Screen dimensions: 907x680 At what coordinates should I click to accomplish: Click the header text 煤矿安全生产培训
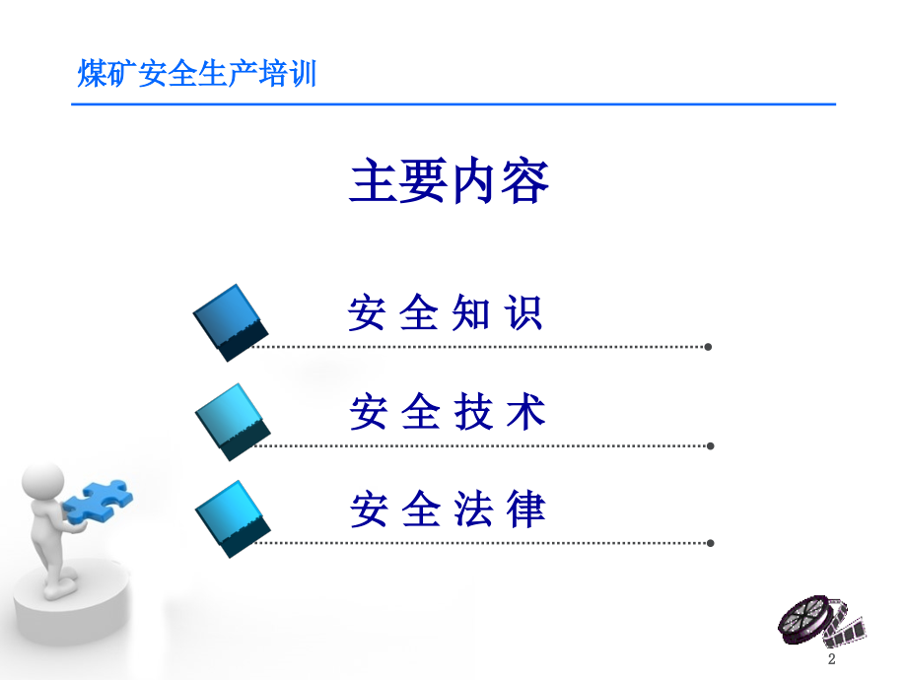(197, 74)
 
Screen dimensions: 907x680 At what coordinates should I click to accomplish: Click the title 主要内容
(449, 180)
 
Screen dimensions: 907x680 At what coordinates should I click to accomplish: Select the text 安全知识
(445, 312)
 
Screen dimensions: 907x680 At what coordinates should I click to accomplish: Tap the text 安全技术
(448, 412)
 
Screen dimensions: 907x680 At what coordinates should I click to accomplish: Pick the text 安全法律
(448, 509)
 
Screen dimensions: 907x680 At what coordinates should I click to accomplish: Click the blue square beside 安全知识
(231, 322)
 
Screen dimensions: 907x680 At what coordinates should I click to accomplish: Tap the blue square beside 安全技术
(233, 422)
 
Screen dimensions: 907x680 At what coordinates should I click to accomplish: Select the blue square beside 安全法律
(233, 518)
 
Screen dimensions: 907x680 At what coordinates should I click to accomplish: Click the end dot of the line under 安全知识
(708, 347)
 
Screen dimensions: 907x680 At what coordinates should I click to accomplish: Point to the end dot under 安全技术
(711, 445)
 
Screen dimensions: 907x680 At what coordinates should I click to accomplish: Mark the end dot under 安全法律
(711, 543)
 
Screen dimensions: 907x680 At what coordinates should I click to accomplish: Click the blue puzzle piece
(98, 501)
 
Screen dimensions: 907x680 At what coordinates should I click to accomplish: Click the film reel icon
(821, 622)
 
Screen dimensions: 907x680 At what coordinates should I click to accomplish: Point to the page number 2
(832, 658)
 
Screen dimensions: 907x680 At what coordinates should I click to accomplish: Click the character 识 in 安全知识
(523, 312)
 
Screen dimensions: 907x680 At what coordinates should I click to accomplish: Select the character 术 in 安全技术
(526, 412)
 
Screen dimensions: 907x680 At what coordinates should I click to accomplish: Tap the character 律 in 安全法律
(526, 509)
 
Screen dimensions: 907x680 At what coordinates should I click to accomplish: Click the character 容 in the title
(525, 181)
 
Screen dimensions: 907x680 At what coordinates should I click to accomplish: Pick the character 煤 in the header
(92, 74)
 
